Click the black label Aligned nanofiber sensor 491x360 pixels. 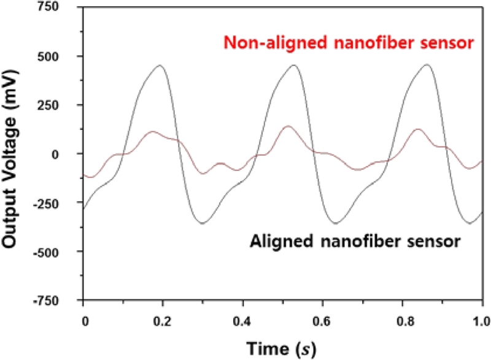(x=355, y=241)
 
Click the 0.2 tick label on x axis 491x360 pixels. (x=163, y=320)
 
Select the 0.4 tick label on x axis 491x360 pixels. (x=243, y=320)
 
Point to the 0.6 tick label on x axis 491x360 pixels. (x=323, y=320)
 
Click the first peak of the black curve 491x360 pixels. (x=160, y=65)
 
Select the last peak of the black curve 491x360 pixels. (x=427, y=64)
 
